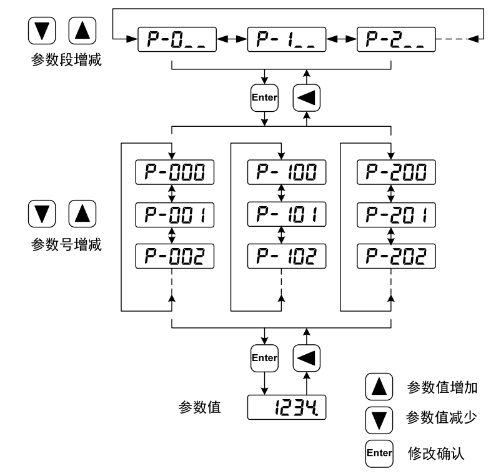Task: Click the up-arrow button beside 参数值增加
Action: (379, 387)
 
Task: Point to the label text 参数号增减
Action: (66, 244)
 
